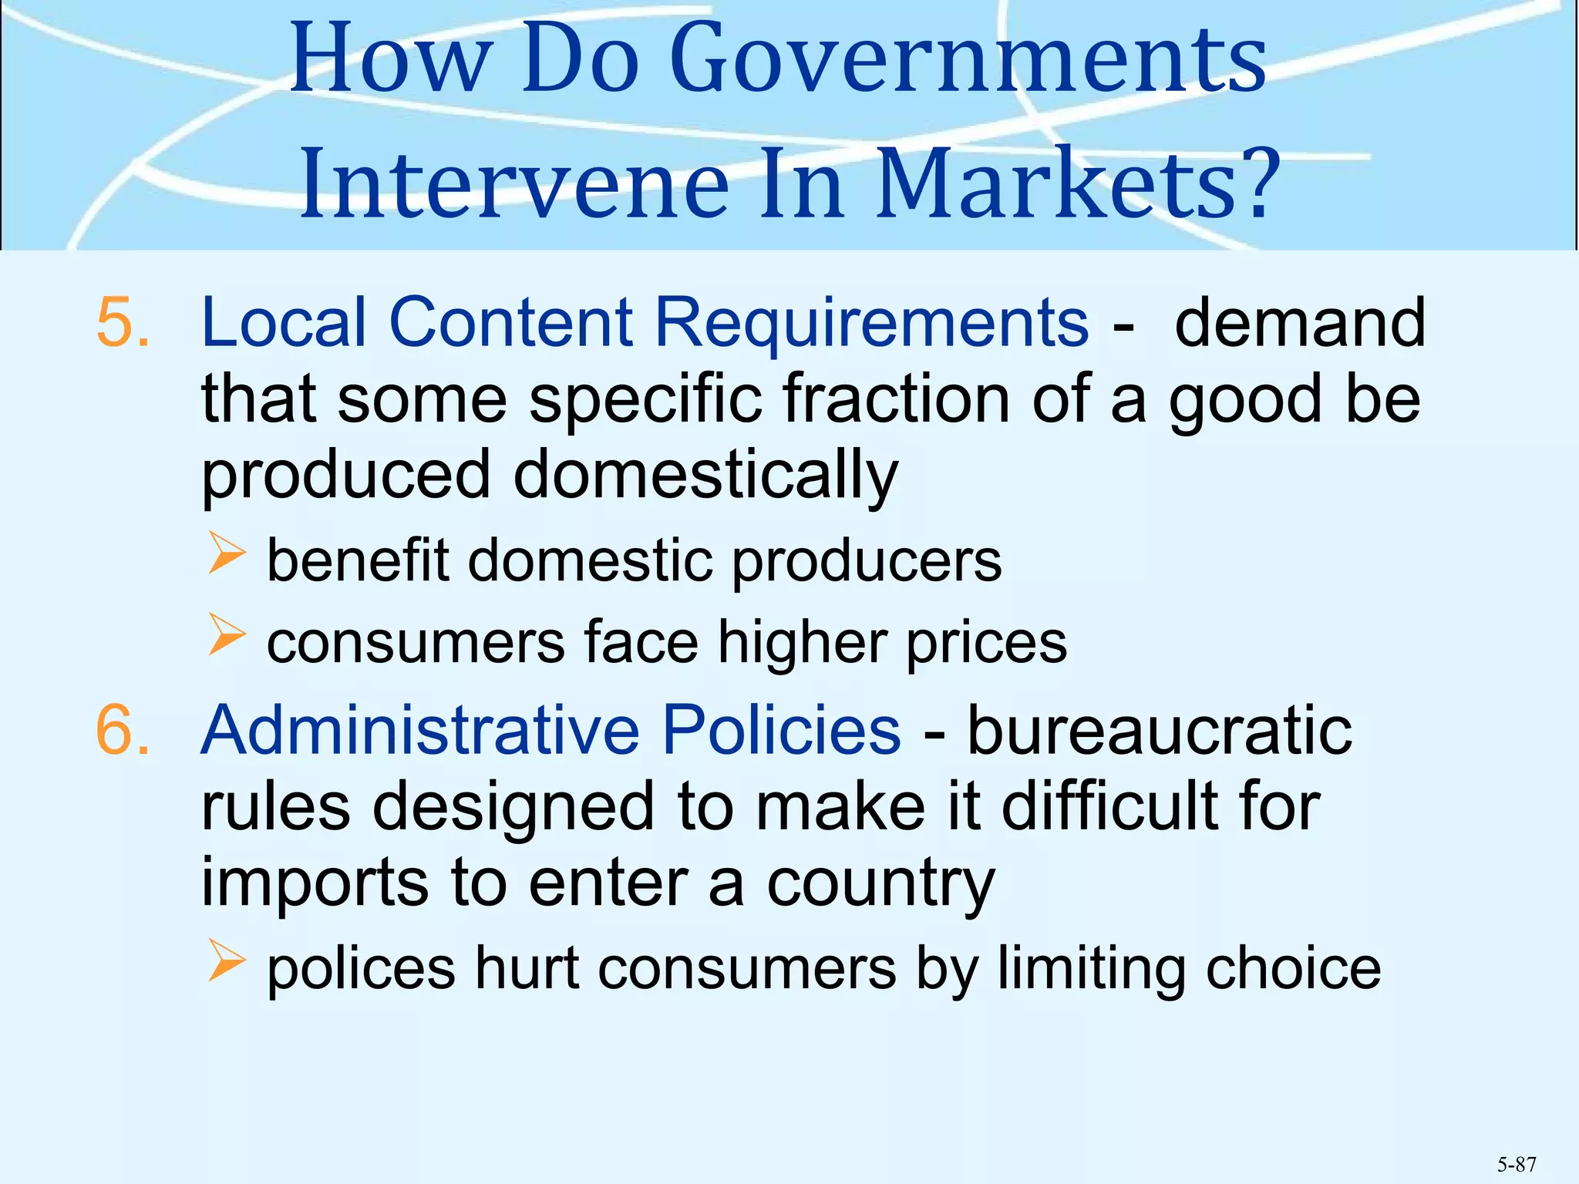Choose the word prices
point(986,642)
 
